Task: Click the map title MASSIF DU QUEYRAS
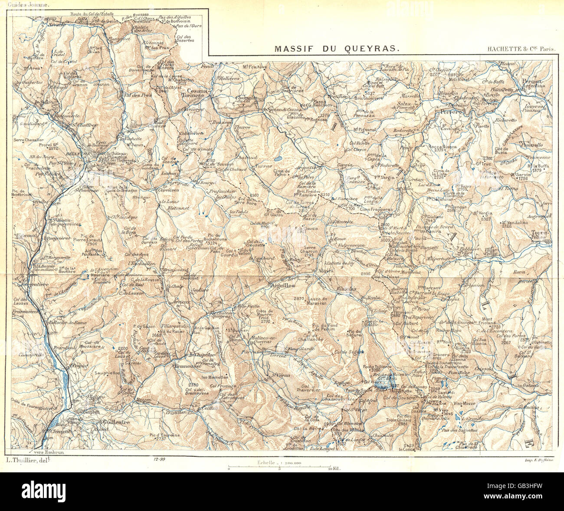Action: click(337, 49)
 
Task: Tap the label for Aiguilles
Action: click(282, 286)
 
